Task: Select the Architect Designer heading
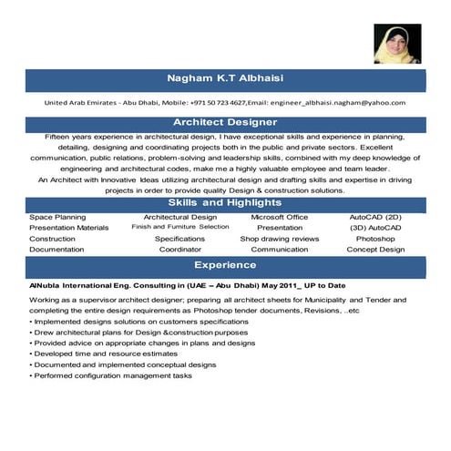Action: point(226,121)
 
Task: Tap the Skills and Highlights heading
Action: point(226,202)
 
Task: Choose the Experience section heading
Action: point(226,265)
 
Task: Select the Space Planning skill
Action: point(57,218)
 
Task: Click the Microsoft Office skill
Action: point(280,218)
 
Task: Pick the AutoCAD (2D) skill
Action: point(374,218)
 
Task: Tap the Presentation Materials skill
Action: point(68,228)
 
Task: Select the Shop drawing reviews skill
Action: point(280,238)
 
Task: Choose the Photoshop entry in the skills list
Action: point(374,238)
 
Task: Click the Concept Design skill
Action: point(374,249)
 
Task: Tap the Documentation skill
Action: point(56,249)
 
